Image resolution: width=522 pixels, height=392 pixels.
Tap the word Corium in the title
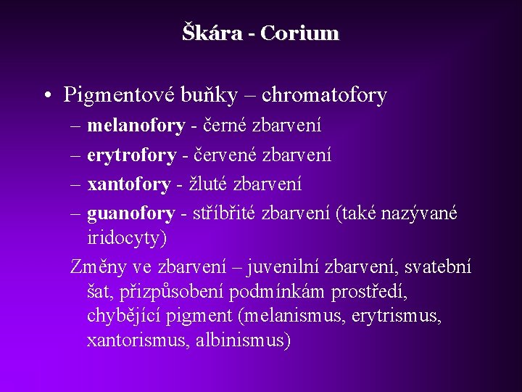299,33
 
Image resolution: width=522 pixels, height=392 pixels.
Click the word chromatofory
324,95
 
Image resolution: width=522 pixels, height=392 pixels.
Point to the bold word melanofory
136,126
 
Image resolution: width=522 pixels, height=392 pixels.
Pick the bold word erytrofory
131,155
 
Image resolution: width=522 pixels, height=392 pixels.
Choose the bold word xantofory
129,184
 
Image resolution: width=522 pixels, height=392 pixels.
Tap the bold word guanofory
130,213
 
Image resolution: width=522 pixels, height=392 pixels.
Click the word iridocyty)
127,238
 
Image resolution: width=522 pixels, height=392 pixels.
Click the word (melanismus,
296,317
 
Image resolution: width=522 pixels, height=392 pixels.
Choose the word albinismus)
242,340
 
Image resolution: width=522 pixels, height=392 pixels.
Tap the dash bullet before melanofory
76,126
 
